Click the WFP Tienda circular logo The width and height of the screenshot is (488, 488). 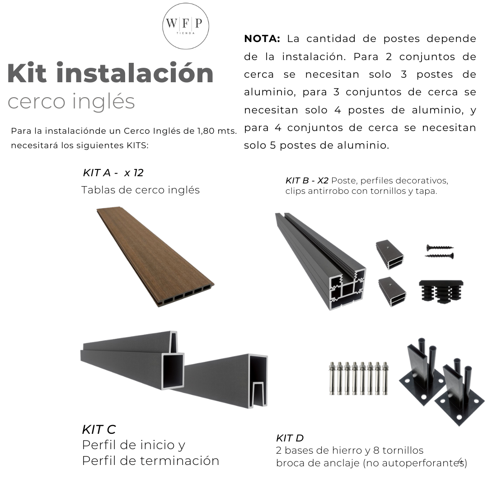coord(186,26)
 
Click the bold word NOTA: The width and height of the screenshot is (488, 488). coord(262,39)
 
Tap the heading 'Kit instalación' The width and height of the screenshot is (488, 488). coord(110,74)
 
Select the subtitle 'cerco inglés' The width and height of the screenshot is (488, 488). coord(71,102)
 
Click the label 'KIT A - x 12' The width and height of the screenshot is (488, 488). coord(113,173)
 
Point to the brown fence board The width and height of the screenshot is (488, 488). coord(154,255)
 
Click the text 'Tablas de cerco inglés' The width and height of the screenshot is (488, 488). coord(140,190)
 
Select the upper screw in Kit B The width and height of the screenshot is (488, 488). coord(440,247)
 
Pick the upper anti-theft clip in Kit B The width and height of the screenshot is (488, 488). coord(389,254)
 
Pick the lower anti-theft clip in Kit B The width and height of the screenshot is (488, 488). coord(391,291)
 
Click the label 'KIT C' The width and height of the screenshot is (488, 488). coord(99,429)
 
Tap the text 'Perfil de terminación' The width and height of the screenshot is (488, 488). coord(150,461)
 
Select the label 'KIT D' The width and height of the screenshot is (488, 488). coord(290,438)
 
